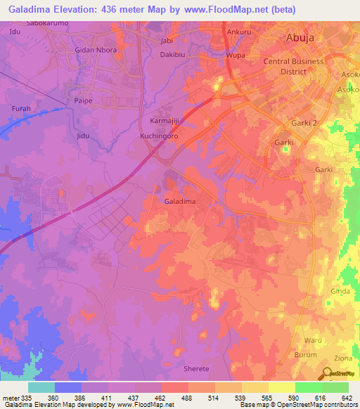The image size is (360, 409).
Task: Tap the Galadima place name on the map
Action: pos(179,202)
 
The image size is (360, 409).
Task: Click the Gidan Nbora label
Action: pos(96,51)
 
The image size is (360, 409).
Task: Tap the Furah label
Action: pos(22,109)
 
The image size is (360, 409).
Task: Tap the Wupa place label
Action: pos(234,55)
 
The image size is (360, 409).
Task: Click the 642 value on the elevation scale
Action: pos(346,398)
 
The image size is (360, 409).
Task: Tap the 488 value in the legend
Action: pos(186,398)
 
